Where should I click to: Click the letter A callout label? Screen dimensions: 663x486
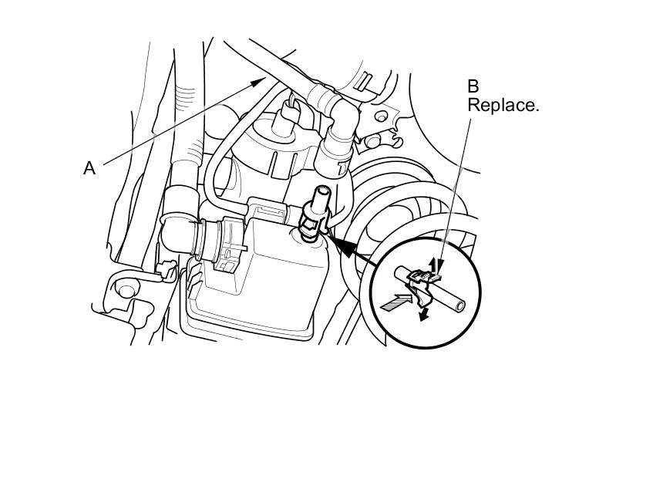point(89,167)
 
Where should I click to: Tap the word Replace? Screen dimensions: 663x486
point(503,105)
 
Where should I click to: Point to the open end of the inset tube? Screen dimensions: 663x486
point(459,307)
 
